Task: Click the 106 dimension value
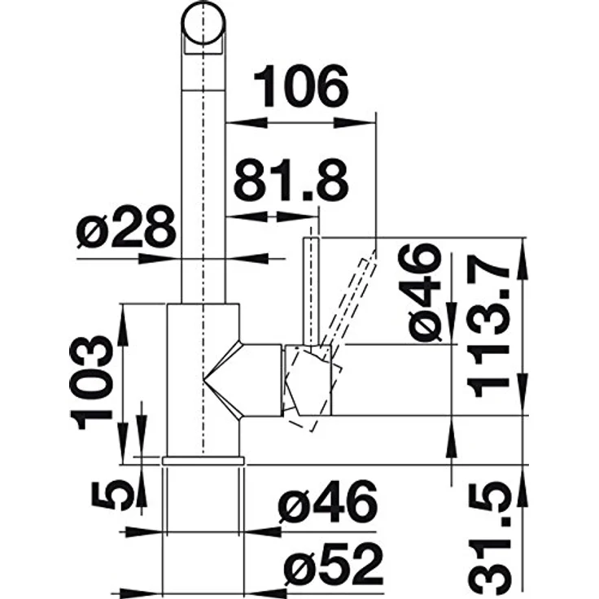tap(301, 86)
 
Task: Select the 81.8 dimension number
tap(291, 181)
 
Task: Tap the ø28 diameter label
tap(126, 226)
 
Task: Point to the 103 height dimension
tap(91, 383)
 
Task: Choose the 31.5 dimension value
tap(489, 539)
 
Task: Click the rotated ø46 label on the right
tap(420, 293)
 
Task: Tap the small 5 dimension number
tap(111, 496)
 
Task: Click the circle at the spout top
tap(203, 23)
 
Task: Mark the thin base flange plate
tap(203, 461)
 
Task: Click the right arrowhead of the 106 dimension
tap(354, 123)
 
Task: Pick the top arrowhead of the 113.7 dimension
tap(522, 257)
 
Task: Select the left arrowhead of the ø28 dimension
tap(159, 259)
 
